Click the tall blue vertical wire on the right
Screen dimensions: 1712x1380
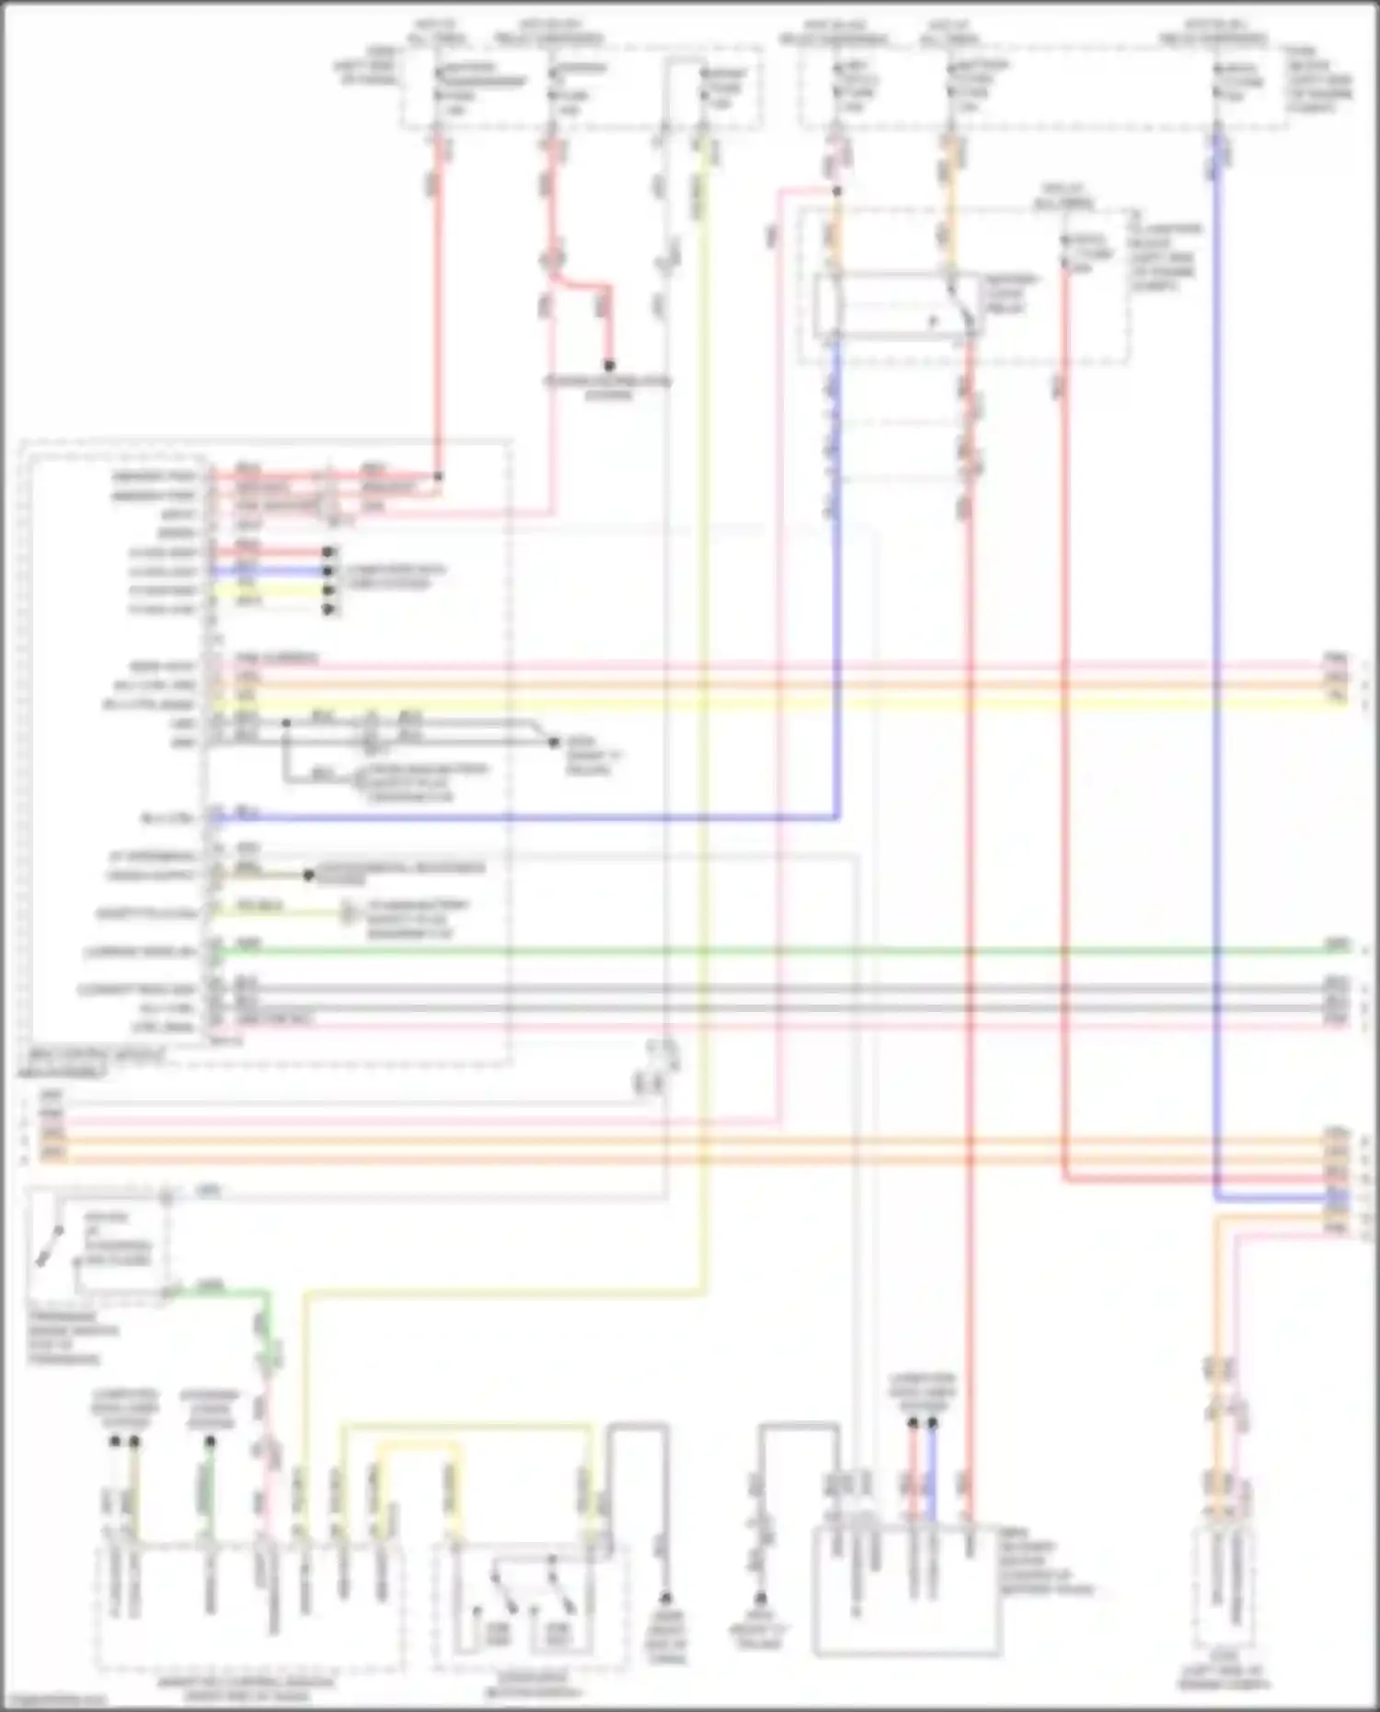coord(1216,644)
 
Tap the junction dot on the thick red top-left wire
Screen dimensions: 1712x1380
coord(438,477)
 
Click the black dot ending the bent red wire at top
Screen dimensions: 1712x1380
coord(608,365)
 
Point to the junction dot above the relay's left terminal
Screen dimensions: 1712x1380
coord(836,192)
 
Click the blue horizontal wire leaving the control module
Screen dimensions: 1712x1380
coord(552,816)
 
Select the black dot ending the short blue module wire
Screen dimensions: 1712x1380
coord(327,571)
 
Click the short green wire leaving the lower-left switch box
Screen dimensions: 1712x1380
coord(221,1292)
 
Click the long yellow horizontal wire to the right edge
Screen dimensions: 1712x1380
coord(828,704)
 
